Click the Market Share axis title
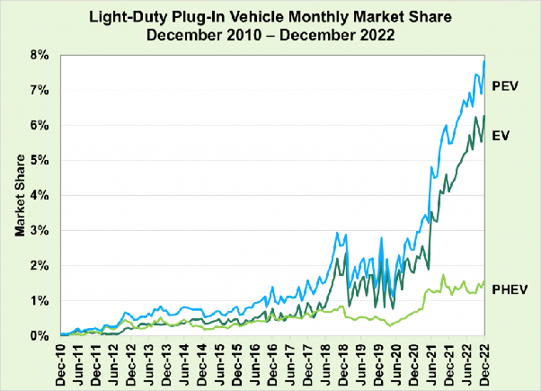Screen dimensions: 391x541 (x=19, y=195)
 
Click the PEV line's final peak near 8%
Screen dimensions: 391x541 (x=484, y=61)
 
